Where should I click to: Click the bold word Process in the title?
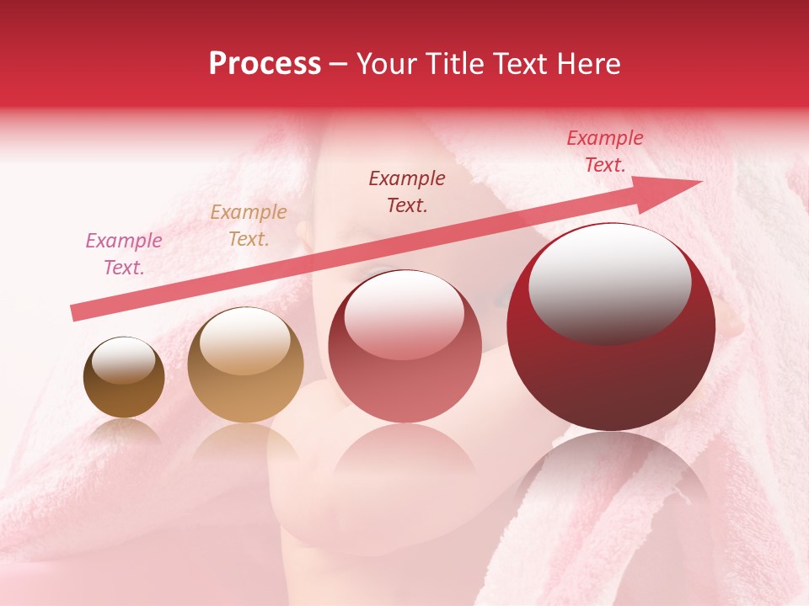coord(265,64)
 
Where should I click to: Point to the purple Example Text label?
coord(124,254)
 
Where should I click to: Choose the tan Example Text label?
coord(249,226)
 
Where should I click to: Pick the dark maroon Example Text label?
coord(407,192)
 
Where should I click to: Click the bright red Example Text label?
coord(605,151)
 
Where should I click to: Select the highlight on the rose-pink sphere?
coord(404,315)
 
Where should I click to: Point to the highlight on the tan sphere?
coord(245,339)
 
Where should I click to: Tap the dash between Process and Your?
coord(338,65)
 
